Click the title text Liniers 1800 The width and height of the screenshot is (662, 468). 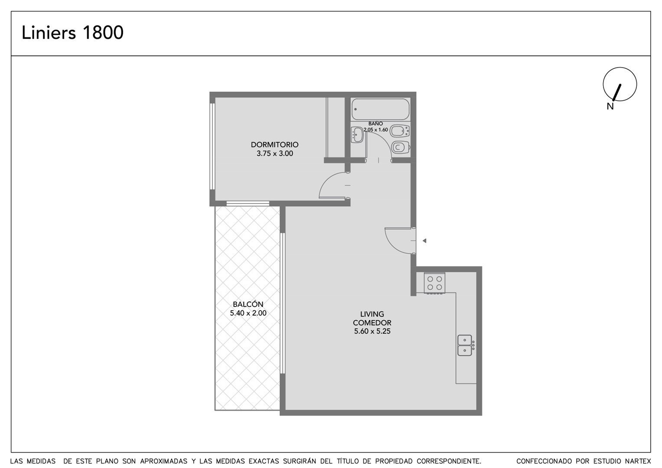[x=72, y=32]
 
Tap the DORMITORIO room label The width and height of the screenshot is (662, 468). [x=274, y=145]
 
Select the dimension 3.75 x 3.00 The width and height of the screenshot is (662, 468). [x=275, y=154]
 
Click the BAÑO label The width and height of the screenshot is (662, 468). [x=375, y=124]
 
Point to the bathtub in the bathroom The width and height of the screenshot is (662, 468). [x=381, y=109]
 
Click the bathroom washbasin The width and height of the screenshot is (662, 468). [x=357, y=135]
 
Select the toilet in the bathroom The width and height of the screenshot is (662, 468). [x=401, y=147]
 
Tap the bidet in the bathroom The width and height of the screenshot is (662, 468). [x=400, y=131]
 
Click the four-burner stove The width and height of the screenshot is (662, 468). [x=434, y=283]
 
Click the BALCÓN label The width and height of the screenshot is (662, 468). [x=248, y=304]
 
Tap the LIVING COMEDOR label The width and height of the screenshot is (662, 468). [x=372, y=318]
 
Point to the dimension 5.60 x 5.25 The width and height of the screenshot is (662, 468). [x=372, y=331]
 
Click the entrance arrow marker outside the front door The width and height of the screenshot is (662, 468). [x=424, y=241]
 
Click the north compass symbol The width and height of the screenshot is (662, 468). [x=620, y=84]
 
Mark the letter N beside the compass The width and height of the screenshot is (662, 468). [x=610, y=106]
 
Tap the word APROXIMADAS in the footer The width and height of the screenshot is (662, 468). [x=164, y=461]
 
